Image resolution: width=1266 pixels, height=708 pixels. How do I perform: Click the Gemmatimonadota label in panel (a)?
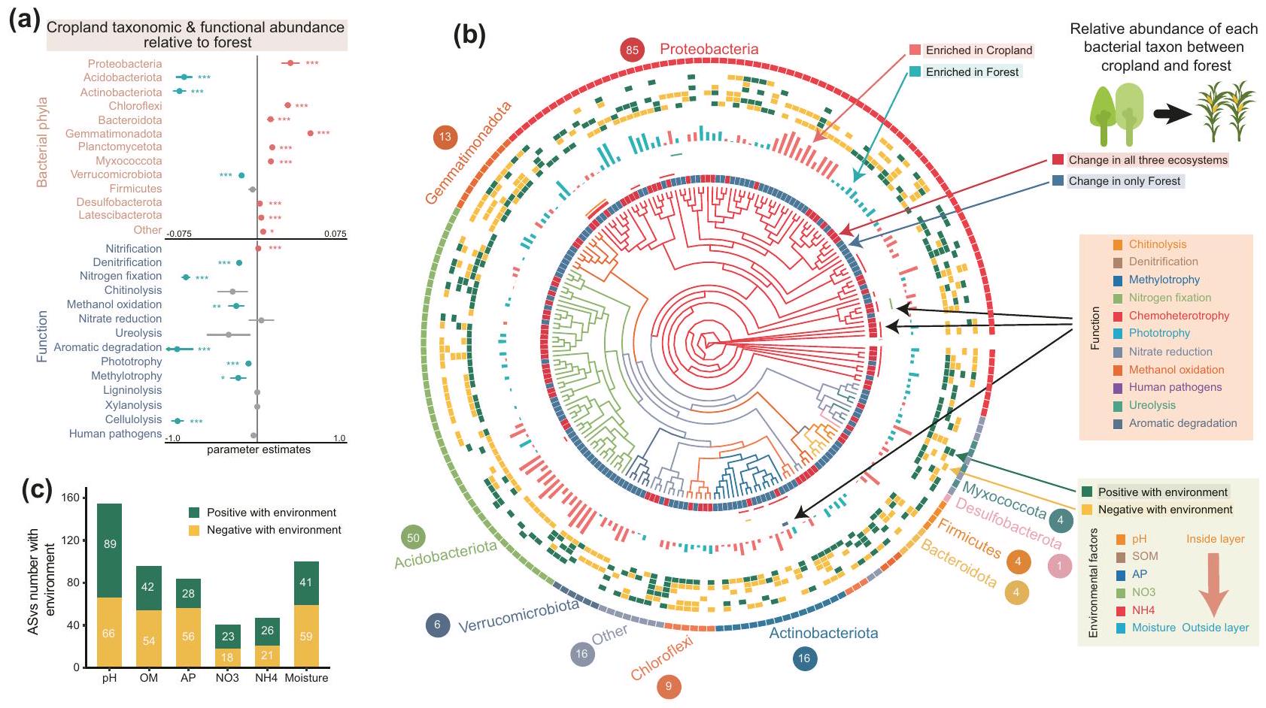[x=114, y=134]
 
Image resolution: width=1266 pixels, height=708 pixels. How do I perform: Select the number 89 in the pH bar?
[x=110, y=543]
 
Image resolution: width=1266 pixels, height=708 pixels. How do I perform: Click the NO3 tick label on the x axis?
[x=227, y=678]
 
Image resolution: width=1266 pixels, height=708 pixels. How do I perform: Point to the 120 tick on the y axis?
[x=70, y=540]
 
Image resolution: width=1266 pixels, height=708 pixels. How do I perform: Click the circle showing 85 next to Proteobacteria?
[x=632, y=50]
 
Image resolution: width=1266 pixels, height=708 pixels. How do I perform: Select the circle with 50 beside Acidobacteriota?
[x=413, y=537]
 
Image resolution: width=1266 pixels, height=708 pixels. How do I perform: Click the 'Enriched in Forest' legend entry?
[x=972, y=72]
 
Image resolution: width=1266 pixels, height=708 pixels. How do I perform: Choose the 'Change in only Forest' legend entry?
[x=1125, y=181]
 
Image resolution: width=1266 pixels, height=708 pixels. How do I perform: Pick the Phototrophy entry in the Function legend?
[x=1159, y=333]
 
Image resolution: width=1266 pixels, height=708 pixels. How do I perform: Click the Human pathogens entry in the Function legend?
[x=1175, y=387]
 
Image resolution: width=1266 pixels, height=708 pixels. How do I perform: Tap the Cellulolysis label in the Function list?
[x=133, y=419]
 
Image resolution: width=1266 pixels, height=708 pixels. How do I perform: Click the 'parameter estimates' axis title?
[x=259, y=449]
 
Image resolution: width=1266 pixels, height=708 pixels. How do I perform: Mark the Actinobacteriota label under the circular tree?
[x=823, y=633]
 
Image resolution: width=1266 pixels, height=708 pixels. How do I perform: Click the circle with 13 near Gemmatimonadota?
[x=445, y=137]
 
